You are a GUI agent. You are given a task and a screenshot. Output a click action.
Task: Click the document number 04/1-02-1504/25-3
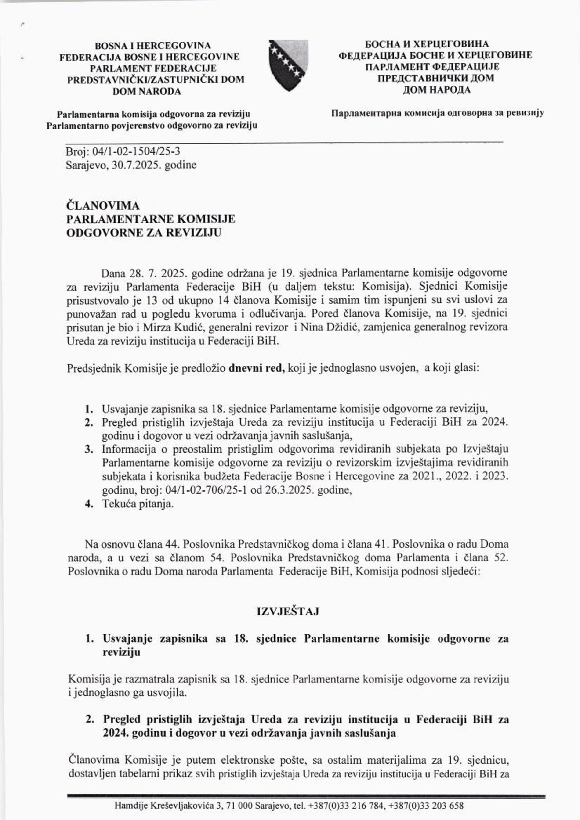coord(136,152)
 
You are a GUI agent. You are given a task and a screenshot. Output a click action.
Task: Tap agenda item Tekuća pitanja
coord(138,504)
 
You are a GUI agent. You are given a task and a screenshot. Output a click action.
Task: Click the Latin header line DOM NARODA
coord(146,91)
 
